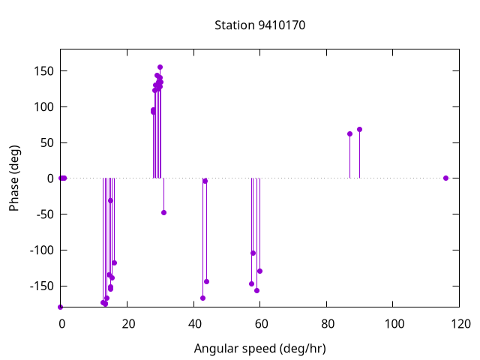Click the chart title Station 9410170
click(x=259, y=25)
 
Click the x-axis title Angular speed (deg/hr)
click(x=259, y=349)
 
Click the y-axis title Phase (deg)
click(x=14, y=178)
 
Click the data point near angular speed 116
click(x=445, y=178)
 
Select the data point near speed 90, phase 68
click(x=359, y=129)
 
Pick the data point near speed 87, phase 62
click(x=349, y=133)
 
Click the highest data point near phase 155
click(x=160, y=67)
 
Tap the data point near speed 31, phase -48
click(x=163, y=212)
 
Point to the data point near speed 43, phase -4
click(x=205, y=181)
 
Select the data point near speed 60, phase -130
click(x=259, y=271)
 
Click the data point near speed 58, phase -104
click(x=253, y=253)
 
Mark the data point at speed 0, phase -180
click(x=61, y=307)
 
